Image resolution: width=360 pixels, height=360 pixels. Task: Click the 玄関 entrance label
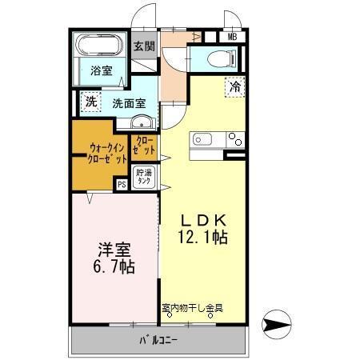click(144, 46)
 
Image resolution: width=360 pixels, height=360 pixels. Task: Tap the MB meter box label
click(232, 36)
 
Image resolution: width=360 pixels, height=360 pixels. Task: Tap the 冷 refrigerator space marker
click(235, 86)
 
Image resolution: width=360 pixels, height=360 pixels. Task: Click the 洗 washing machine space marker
click(90, 102)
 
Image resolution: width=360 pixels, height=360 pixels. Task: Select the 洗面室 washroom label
click(128, 103)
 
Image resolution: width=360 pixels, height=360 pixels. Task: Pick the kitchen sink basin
click(201, 140)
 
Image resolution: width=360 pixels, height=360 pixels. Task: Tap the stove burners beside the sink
click(235, 140)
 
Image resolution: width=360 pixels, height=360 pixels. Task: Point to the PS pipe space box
click(122, 185)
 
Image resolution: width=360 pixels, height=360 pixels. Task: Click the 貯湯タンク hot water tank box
click(144, 177)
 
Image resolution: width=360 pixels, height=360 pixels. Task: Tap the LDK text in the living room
click(203, 218)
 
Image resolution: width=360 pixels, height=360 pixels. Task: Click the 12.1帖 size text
click(203, 237)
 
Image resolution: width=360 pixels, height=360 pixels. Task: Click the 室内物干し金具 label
click(192, 308)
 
